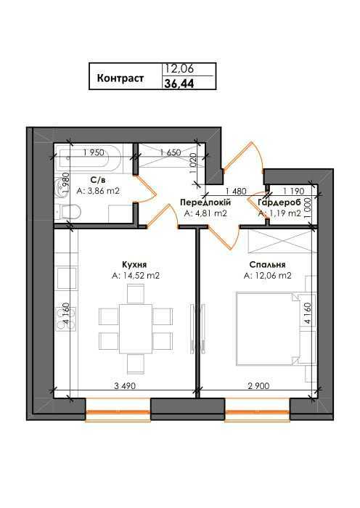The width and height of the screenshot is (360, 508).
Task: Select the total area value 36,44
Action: point(180,83)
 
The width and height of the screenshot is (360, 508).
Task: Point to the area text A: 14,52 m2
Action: point(135,276)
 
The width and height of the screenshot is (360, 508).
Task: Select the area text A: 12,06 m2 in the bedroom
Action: point(268,276)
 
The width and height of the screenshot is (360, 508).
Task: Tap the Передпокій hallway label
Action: point(205,202)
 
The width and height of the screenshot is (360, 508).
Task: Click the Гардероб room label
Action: point(279,202)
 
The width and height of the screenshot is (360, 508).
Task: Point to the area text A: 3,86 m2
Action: point(98,190)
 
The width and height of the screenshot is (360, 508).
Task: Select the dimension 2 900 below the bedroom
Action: point(257,386)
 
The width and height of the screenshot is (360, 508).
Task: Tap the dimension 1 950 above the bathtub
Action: point(94,152)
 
